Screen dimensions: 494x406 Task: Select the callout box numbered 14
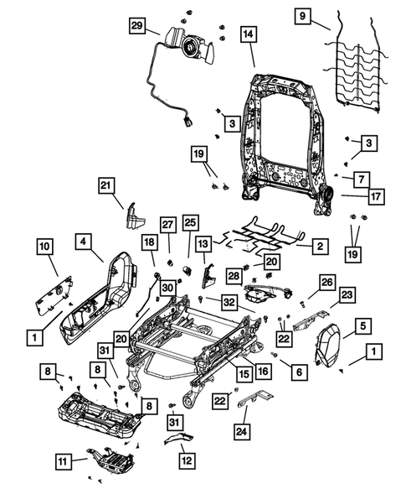pyautogui.click(x=249, y=34)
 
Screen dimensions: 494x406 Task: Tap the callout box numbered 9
pyautogui.click(x=302, y=15)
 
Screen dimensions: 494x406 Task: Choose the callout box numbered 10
pyautogui.click(x=45, y=246)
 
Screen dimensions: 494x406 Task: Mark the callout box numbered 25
pyautogui.click(x=190, y=223)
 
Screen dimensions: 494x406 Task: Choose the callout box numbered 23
pyautogui.click(x=347, y=294)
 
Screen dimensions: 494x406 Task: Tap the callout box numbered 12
pyautogui.click(x=185, y=460)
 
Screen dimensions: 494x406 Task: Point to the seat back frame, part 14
pyautogui.click(x=285, y=134)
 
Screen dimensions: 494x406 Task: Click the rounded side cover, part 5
pyautogui.click(x=334, y=347)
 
